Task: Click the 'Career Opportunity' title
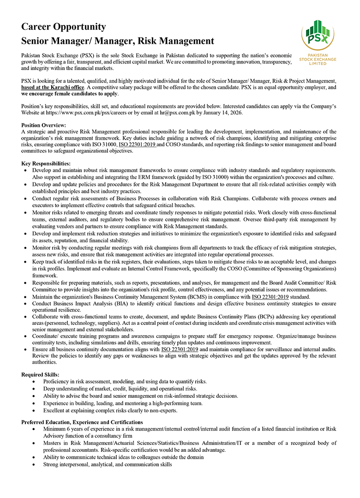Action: pyautogui.click(x=64, y=27)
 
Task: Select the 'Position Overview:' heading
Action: pyautogui.click(x=44, y=125)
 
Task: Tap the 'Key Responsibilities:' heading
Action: pyautogui.click(x=46, y=163)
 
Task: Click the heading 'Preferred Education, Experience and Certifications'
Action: pyautogui.click(x=82, y=422)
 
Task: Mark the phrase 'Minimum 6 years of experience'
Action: pyautogui.click(x=78, y=429)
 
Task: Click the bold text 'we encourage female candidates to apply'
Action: pyautogui.click(x=70, y=94)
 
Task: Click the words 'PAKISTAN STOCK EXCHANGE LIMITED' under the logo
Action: pyautogui.click(x=318, y=60)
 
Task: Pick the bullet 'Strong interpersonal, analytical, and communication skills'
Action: pyautogui.click(x=107, y=464)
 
